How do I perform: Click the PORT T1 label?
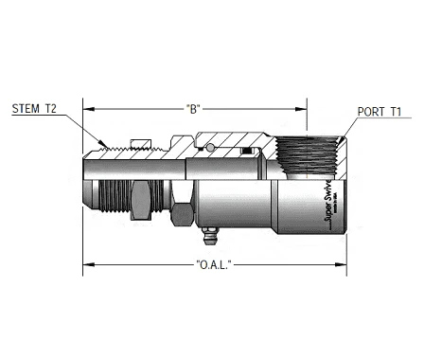pos(380,112)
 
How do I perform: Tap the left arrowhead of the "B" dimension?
pos(87,107)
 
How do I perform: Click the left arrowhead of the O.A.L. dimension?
pos(87,263)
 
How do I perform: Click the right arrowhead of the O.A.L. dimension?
pos(344,263)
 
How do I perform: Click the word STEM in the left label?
pos(25,110)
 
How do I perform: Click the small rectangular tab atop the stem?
pos(140,144)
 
